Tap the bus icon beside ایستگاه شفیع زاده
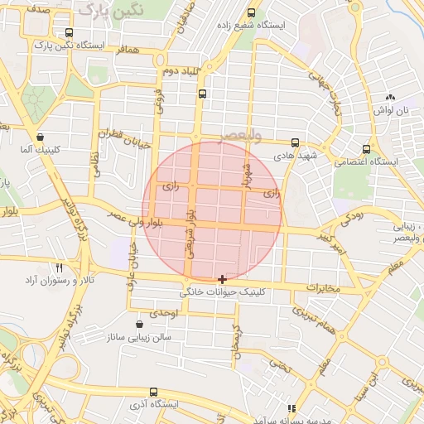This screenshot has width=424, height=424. pyautogui.click(x=252, y=13)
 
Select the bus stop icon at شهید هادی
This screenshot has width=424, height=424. pyautogui.click(x=296, y=142)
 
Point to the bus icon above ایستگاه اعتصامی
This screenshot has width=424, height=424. pyautogui.click(x=366, y=150)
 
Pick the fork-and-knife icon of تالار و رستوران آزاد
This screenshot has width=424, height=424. pyautogui.click(x=59, y=268)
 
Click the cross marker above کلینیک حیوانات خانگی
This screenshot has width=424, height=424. pyautogui.click(x=222, y=280)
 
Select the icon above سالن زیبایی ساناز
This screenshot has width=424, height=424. pyautogui.click(x=139, y=324)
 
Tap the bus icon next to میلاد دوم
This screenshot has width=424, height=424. pyautogui.click(x=203, y=94)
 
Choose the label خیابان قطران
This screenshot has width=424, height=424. pyautogui.click(x=127, y=137)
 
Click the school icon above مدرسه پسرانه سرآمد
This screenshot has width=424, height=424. pyautogui.click(x=291, y=408)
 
